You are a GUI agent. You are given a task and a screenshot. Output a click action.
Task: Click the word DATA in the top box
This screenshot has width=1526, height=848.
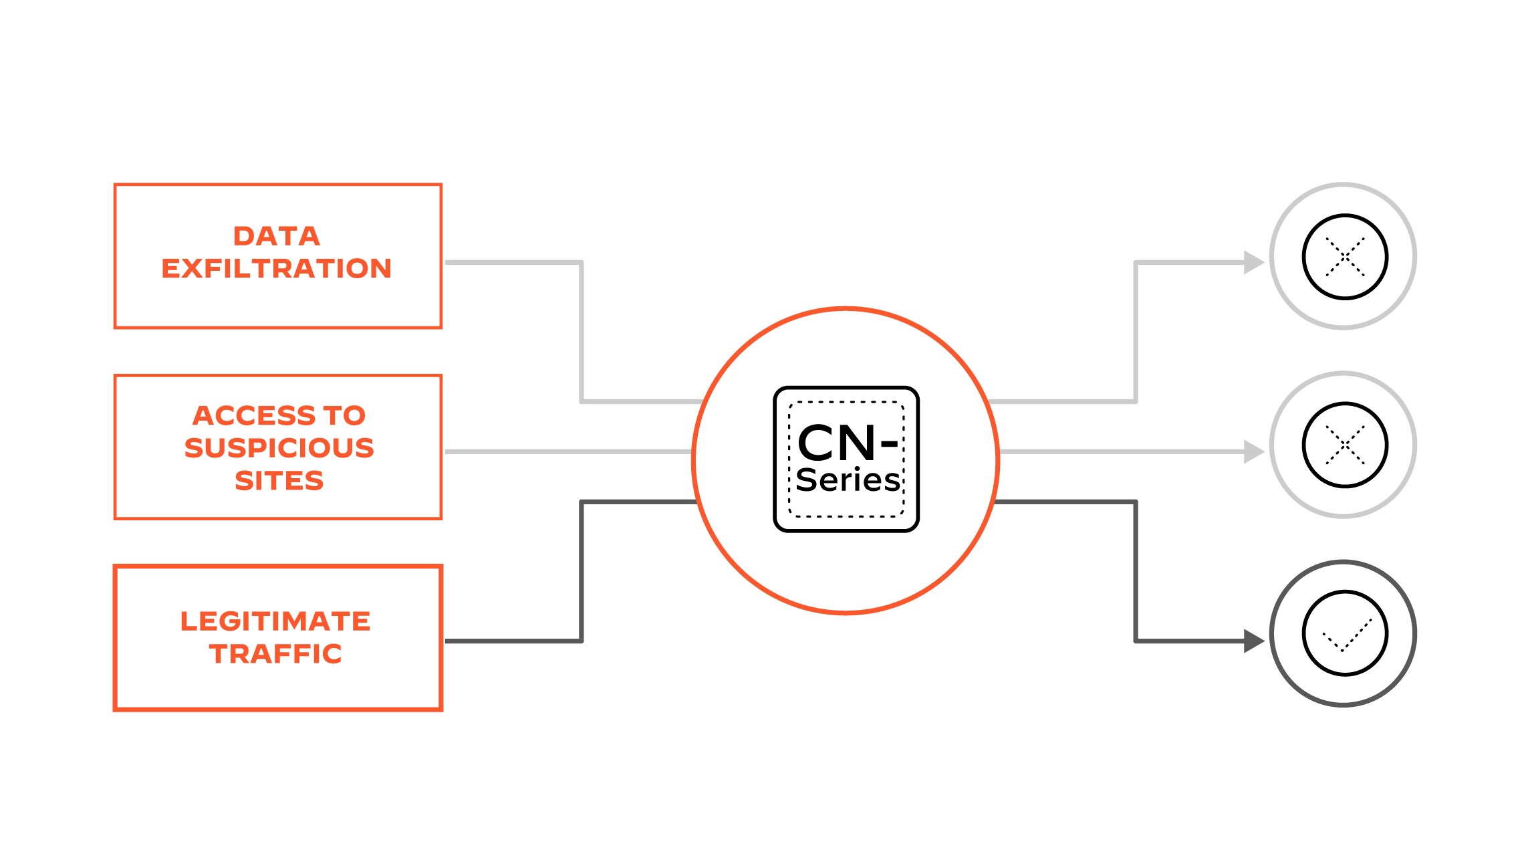(x=276, y=236)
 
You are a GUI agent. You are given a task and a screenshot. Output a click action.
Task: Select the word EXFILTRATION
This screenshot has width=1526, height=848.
(x=276, y=269)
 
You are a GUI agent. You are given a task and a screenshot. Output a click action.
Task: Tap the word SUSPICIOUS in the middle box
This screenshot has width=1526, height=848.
(x=279, y=448)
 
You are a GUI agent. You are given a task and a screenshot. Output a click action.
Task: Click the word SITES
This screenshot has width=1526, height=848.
(x=279, y=481)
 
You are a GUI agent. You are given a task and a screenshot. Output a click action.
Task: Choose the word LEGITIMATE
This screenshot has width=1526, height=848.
(x=275, y=621)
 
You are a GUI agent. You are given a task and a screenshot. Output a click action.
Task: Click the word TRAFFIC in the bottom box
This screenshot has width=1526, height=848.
(x=275, y=654)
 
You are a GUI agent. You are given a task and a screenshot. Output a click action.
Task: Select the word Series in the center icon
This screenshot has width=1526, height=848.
(x=847, y=480)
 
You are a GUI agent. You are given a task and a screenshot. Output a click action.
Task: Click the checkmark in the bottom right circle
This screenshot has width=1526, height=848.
(x=1346, y=635)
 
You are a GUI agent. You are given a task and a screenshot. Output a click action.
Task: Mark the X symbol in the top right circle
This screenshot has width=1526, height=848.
(x=1345, y=257)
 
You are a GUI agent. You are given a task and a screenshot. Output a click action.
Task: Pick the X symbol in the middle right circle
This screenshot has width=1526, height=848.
(x=1345, y=445)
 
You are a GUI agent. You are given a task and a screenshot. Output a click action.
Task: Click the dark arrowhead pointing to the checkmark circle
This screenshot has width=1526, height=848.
(x=1253, y=641)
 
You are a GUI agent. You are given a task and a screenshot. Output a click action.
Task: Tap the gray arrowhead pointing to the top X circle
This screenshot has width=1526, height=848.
(x=1253, y=262)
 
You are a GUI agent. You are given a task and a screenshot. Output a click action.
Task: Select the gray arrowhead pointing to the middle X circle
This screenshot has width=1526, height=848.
(x=1253, y=451)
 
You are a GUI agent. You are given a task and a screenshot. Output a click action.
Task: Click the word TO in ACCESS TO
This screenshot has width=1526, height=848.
(x=345, y=416)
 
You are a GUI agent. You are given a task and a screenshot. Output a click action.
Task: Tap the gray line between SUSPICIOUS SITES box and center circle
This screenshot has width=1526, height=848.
(x=568, y=451)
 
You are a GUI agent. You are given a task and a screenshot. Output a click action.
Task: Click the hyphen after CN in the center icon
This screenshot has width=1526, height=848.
(x=889, y=443)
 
